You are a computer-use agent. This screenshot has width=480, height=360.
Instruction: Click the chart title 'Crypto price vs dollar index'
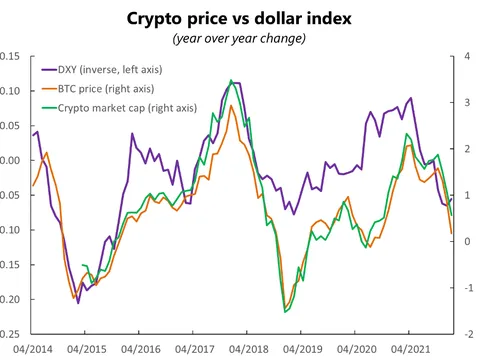240,18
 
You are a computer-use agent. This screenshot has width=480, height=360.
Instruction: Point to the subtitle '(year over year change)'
240,38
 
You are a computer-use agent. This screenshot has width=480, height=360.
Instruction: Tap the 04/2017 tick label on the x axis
194,350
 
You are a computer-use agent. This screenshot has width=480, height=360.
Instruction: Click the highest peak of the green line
231,80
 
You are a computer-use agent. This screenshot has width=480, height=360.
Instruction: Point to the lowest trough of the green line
285,312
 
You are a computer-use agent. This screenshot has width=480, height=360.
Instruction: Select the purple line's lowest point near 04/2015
79,302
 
